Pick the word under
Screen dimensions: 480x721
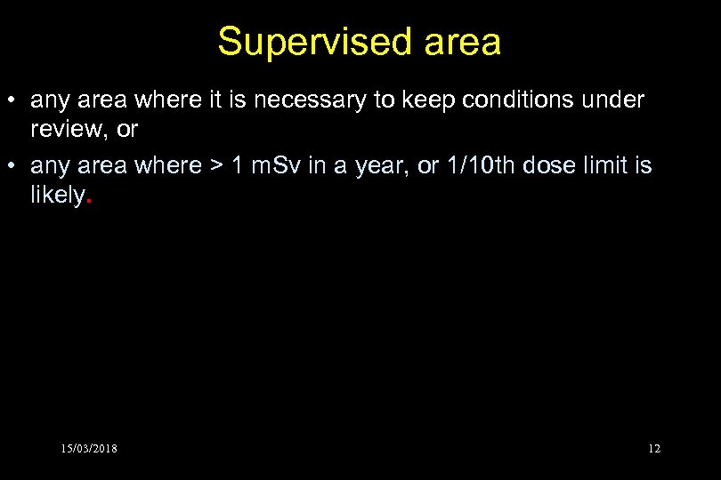(x=615, y=101)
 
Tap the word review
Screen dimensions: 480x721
(x=72, y=130)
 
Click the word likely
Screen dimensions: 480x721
(x=56, y=196)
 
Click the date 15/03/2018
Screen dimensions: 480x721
(x=89, y=449)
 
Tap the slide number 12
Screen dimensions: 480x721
(x=654, y=449)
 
